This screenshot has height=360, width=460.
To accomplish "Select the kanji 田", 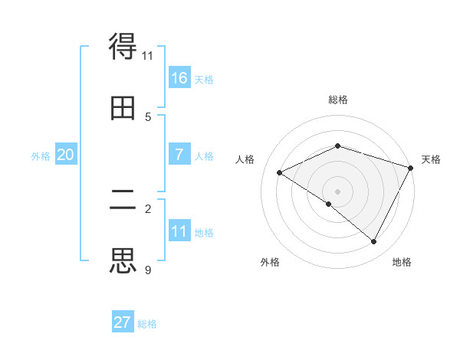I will click(x=123, y=109).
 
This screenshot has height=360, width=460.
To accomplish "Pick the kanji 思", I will click(x=123, y=260).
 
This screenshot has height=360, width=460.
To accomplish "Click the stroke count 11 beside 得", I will click(x=147, y=55).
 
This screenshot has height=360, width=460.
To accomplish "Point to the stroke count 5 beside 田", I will click(x=147, y=116).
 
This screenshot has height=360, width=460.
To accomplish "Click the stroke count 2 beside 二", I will click(x=147, y=208).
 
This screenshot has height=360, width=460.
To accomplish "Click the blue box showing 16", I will click(x=179, y=78).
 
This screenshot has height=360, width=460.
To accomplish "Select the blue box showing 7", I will click(x=179, y=155).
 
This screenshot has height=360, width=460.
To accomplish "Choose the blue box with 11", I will click(x=179, y=231).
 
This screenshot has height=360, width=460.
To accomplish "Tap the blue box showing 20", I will click(x=65, y=155).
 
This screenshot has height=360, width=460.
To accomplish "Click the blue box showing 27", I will click(x=123, y=322).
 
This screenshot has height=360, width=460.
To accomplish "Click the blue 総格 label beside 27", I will click(x=147, y=324).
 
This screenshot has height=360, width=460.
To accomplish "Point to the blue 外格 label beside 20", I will click(x=41, y=156).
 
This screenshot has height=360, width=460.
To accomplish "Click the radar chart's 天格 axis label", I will click(x=432, y=159).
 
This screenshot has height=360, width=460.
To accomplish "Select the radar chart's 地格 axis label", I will click(x=402, y=262).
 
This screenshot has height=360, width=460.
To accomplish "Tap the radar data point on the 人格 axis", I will click(x=280, y=173).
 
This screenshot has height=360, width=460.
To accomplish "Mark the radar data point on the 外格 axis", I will click(x=329, y=204).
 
